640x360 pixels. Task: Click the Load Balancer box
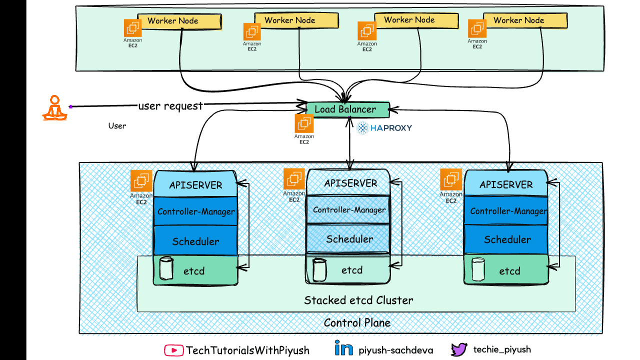click(348, 109)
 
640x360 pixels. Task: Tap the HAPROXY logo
click(384, 128)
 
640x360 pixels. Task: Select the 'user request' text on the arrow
click(170, 105)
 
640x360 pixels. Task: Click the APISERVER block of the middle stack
click(350, 183)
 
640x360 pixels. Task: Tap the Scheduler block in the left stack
click(195, 241)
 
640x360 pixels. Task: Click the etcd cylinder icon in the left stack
click(165, 269)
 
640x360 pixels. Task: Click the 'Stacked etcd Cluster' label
click(358, 300)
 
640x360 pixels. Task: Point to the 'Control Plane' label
click(357, 322)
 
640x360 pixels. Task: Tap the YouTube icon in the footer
click(173, 350)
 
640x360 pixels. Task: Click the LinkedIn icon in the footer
click(343, 349)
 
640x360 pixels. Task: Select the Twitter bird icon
click(458, 349)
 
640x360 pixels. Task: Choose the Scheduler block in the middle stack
click(349, 239)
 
